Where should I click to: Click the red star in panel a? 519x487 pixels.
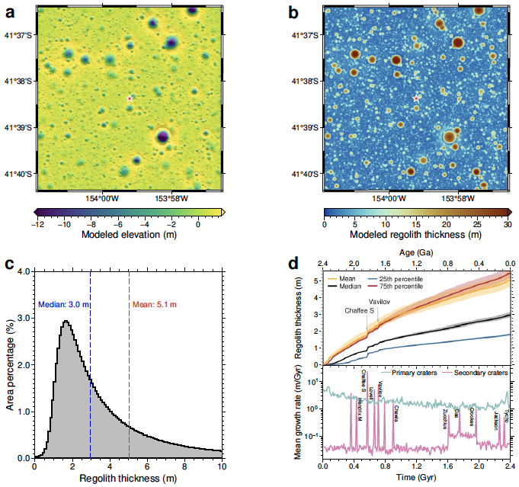(130, 99)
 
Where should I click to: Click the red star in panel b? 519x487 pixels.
(416, 99)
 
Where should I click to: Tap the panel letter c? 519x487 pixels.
(10, 264)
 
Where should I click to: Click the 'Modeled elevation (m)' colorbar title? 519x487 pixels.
(130, 235)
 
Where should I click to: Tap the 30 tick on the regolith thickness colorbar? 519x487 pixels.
(507, 225)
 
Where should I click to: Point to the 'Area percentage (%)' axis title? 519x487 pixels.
(10, 364)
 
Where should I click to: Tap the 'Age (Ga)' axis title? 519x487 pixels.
(416, 251)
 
